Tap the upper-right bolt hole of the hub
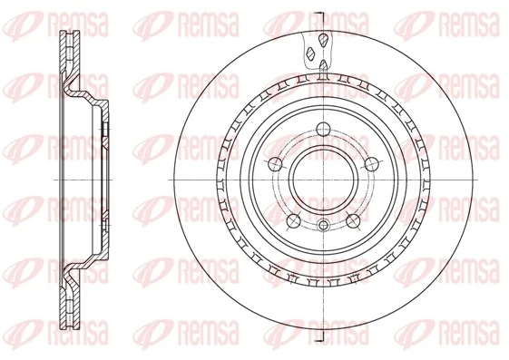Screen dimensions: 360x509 tap(373, 163)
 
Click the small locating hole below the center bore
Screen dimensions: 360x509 tap(324, 224)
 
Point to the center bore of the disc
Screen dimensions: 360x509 tap(324, 179)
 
